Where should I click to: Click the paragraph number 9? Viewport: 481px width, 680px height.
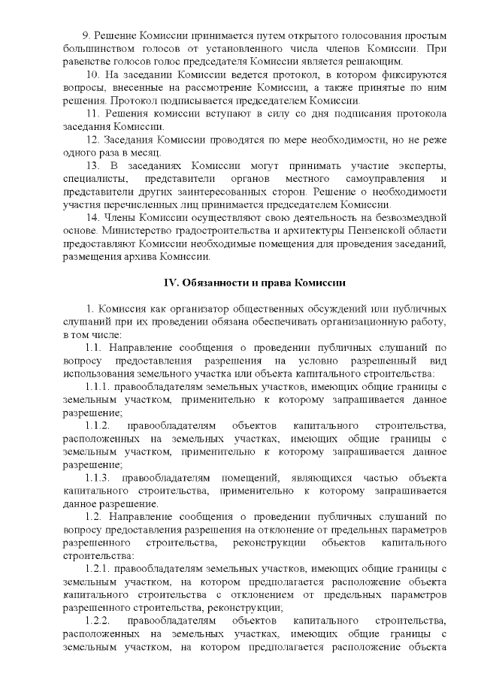84,36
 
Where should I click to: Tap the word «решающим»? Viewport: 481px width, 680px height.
375,60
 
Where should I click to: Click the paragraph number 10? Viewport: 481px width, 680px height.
93,77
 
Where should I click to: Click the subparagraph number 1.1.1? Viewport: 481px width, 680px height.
99,387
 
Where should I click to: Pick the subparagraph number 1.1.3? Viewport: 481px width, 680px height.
99,478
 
